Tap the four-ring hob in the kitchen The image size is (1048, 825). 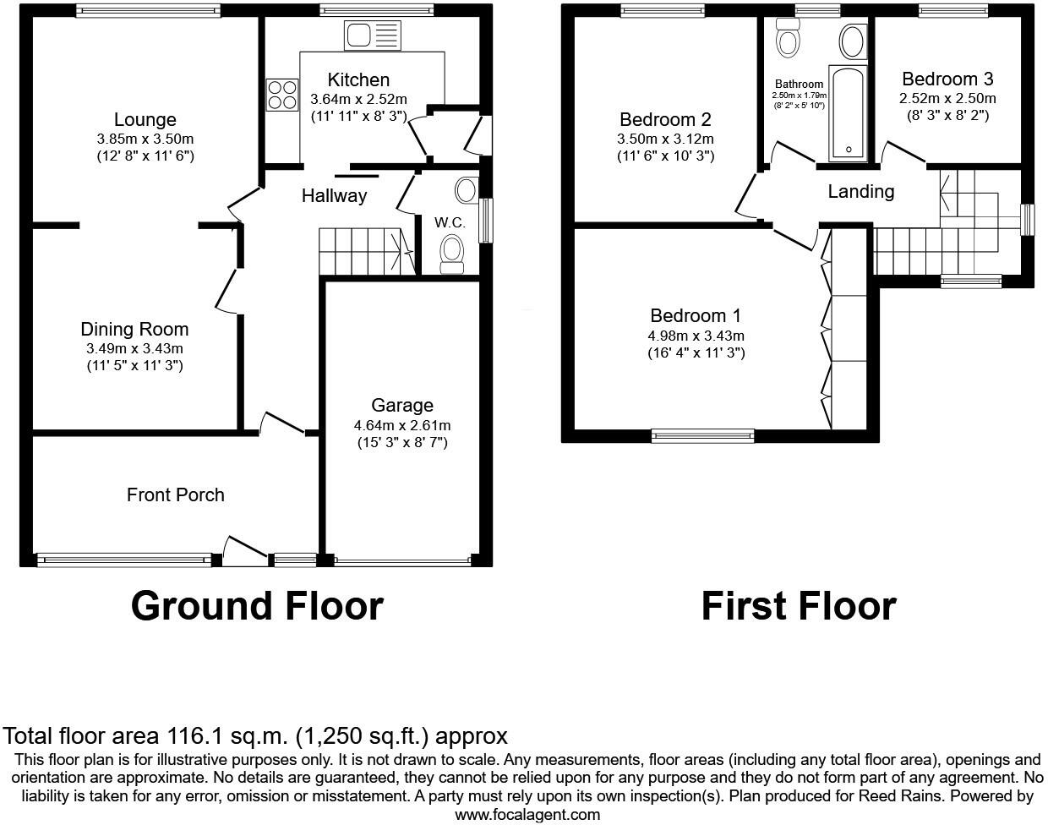282,94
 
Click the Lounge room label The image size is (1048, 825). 145,120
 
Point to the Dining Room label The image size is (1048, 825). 134,330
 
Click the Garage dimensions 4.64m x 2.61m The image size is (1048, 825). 402,424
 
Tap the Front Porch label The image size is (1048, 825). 176,494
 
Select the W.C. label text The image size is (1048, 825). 450,222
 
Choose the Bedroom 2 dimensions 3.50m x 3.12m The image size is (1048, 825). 665,139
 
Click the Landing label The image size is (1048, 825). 860,192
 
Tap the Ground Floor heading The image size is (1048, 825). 257,606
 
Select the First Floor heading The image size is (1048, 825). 799,606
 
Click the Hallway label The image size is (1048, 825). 335,196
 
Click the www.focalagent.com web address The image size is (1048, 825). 527,815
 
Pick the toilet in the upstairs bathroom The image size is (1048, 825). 789,39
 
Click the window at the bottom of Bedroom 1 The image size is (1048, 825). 703,436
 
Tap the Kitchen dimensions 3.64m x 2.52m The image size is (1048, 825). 358,98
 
